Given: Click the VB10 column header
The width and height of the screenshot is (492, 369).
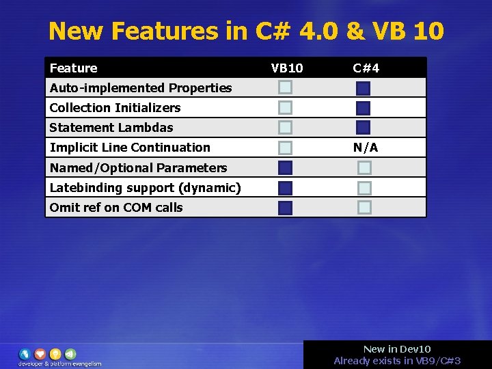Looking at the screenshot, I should tap(287, 68).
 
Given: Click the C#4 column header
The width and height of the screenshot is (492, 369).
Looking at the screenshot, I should tap(366, 68).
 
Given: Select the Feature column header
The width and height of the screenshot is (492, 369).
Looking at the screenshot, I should tap(74, 68).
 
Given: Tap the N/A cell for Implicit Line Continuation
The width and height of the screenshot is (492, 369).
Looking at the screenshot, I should tap(366, 148).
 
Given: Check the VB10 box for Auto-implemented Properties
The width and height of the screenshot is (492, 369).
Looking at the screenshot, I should tap(285, 87).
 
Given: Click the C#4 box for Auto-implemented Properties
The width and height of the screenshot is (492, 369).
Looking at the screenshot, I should tap(363, 88).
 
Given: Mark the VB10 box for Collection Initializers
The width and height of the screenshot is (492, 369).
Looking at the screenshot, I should tap(285, 107).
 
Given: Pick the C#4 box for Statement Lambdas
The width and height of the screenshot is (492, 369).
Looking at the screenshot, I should tap(363, 128).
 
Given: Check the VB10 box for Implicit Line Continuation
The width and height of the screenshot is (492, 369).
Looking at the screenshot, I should tap(285, 148).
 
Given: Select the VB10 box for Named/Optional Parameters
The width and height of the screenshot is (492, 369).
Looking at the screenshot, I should tap(285, 167).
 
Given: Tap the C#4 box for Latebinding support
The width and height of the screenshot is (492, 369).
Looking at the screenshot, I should tap(365, 188).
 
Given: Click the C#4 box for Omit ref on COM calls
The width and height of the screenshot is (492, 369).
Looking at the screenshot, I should tap(365, 208).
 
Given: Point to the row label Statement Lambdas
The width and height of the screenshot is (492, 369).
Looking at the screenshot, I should tap(111, 128).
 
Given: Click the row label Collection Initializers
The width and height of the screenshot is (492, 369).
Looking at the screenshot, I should tap(115, 108).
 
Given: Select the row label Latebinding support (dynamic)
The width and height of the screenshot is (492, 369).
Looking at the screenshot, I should tap(145, 188).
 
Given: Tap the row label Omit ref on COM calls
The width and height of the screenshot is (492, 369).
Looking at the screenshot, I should tap(116, 208).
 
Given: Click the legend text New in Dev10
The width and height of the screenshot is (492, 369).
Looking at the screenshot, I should tap(397, 349).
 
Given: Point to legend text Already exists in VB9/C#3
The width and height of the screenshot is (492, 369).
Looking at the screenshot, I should tap(397, 361).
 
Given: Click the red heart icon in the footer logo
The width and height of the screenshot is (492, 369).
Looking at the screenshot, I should tap(40, 354).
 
